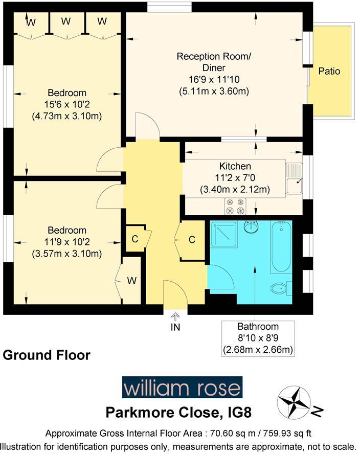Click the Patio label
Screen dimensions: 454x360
click(329, 71)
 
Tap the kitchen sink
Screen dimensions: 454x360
click(294, 178)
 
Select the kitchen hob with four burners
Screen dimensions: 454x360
click(236, 206)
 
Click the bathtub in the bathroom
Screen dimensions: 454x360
click(281, 246)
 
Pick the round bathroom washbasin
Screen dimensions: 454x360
click(251, 226)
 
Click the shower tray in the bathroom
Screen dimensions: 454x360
click(223, 236)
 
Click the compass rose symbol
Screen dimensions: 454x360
click(294, 402)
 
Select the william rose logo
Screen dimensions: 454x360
click(182, 388)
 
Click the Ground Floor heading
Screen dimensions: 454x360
click(47, 355)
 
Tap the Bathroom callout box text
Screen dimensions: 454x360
click(258, 338)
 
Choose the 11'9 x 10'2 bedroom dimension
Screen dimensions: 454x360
click(67, 242)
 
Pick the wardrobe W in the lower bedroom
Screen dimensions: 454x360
click(131, 280)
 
